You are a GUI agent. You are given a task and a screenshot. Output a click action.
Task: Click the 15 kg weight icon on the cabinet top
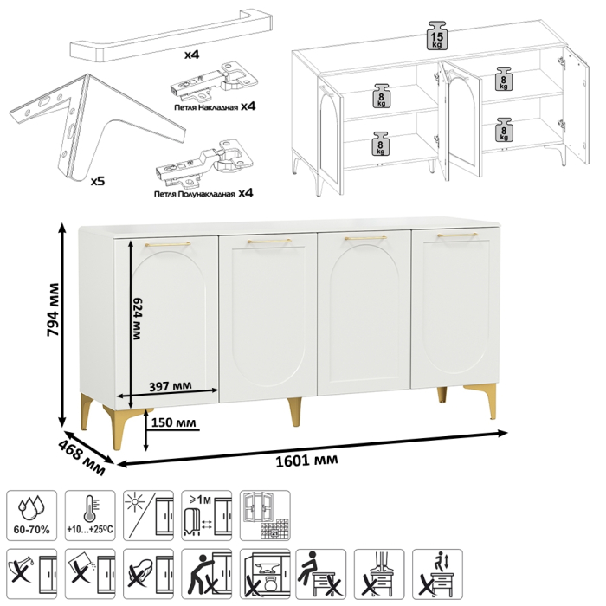(436, 35)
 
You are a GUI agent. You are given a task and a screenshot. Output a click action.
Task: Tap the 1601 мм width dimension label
(306, 461)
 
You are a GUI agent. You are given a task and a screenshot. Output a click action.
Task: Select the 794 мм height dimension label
(53, 309)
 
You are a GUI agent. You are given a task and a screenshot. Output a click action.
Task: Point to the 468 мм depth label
(81, 458)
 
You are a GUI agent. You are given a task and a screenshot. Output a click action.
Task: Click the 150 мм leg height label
(173, 422)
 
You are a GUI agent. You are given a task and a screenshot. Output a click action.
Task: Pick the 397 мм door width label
(170, 386)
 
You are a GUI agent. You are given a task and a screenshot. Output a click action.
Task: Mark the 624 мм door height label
(137, 319)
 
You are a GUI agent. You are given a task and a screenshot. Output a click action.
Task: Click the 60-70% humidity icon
(32, 515)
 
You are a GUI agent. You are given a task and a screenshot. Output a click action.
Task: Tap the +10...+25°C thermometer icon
(90, 515)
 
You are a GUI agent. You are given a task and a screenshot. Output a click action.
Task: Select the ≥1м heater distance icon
(207, 515)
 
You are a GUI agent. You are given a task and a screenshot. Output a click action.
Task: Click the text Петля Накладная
(206, 108)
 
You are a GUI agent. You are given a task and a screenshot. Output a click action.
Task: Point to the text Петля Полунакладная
(194, 194)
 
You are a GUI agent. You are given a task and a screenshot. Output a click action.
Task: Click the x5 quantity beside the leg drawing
(97, 180)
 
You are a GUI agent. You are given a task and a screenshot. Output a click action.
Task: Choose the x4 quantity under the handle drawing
(191, 55)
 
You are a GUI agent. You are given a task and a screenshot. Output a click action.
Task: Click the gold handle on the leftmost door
(168, 244)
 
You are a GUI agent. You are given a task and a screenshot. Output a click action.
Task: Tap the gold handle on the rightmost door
(458, 235)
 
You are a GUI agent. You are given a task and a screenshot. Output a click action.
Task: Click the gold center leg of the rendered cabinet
(294, 411)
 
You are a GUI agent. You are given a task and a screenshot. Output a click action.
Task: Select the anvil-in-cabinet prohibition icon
(265, 573)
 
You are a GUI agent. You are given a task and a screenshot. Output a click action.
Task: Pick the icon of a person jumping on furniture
(437, 573)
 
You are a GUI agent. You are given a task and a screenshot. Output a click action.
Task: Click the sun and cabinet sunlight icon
(148, 515)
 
